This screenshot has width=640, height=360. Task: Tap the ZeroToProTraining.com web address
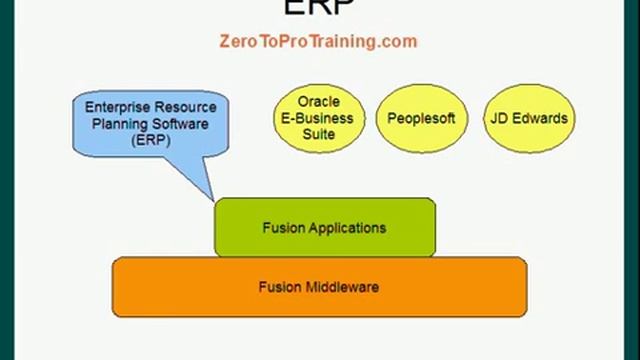pyautogui.click(x=317, y=42)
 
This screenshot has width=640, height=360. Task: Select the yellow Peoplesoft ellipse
pyautogui.click(x=421, y=118)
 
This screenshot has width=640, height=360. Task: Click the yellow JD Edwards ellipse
pyautogui.click(x=528, y=118)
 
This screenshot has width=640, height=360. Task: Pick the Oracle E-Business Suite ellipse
pyautogui.click(x=319, y=118)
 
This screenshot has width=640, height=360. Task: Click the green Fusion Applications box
pyautogui.click(x=325, y=227)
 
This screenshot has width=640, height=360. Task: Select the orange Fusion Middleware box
pyautogui.click(x=319, y=287)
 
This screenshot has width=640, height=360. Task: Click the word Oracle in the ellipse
pyautogui.click(x=319, y=102)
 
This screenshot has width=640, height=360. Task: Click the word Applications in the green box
pyautogui.click(x=346, y=227)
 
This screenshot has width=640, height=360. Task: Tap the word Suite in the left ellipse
pyautogui.click(x=319, y=134)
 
